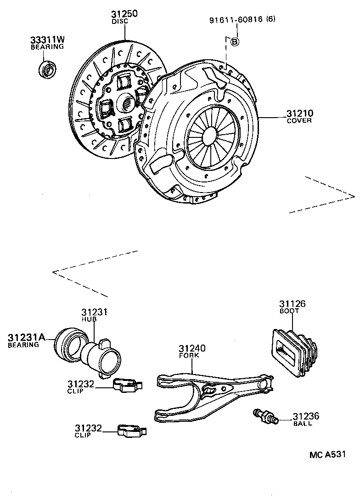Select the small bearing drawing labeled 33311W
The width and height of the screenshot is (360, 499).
47,69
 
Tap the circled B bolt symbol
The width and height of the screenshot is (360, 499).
234,42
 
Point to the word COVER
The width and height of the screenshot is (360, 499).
299,121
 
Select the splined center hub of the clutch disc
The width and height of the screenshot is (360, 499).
127,102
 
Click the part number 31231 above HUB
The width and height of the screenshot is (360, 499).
94,312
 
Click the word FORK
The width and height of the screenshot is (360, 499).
187,356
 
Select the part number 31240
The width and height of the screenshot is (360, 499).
192,349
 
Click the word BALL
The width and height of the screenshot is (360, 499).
303,424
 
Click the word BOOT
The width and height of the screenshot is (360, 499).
290,311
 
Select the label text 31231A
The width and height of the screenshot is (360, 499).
26,338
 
